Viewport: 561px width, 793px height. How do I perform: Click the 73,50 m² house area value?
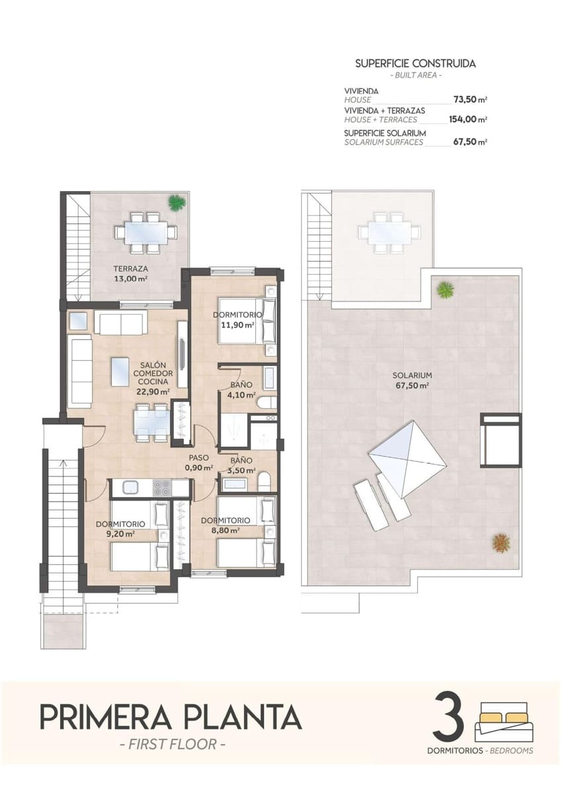tap(470, 100)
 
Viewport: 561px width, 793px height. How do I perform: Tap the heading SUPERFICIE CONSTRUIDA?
tap(415, 64)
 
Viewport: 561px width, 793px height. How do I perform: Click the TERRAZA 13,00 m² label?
tap(130, 274)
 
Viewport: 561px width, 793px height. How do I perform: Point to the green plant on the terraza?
tap(176, 202)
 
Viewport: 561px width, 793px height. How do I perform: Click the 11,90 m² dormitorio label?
tap(238, 320)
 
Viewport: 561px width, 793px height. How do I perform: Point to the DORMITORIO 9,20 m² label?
tap(116, 528)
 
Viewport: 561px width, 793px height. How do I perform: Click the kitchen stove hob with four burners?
tap(163, 488)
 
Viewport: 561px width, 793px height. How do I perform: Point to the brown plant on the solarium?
tap(501, 543)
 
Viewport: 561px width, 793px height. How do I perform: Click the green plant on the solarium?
tap(446, 289)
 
